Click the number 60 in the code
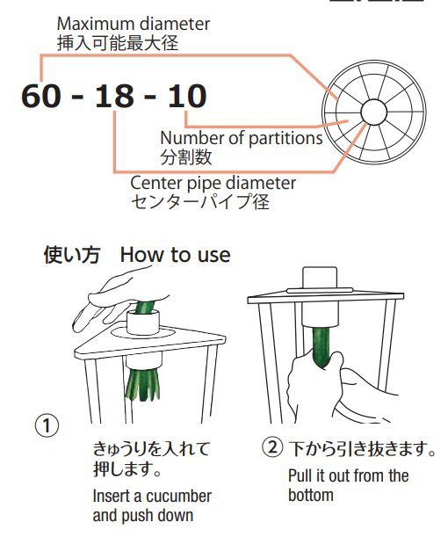pos(43,96)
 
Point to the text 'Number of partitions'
pos(241,139)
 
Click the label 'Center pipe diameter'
pos(213,184)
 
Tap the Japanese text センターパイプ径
pos(199,202)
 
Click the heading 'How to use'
pos(175,255)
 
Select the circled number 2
pos(271,449)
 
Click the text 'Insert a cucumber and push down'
pos(151,505)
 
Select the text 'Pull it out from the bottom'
pos(348,485)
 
